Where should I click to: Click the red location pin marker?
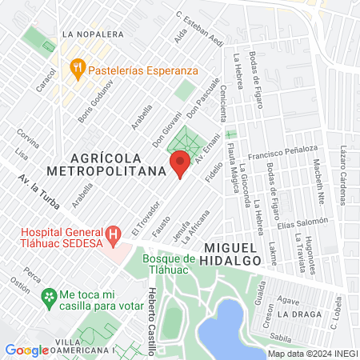(180, 166)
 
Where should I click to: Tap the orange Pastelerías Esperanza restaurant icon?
(78, 68)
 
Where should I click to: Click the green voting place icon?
(49, 297)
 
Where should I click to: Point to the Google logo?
(26, 350)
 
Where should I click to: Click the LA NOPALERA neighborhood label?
(92, 34)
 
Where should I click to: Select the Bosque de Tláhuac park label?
(169, 263)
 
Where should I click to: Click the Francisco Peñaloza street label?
(283, 150)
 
